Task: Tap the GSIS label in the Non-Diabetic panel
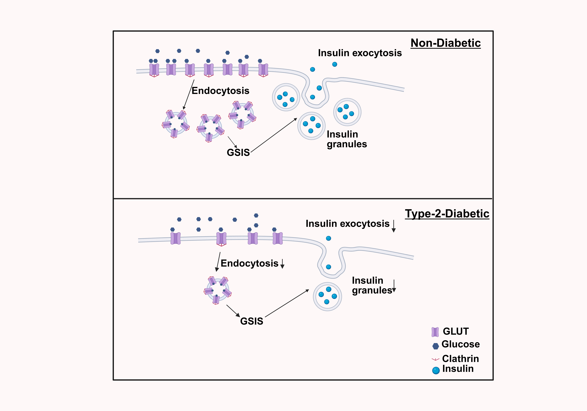238,152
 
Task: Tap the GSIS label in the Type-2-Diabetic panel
252,321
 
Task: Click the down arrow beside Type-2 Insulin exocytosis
394,226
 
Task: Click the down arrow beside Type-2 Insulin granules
394,286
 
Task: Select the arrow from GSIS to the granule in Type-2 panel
287,303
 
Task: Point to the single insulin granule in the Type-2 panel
327,296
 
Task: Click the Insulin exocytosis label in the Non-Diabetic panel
360,53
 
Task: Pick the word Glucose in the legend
460,344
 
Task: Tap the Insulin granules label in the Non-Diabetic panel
347,139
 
